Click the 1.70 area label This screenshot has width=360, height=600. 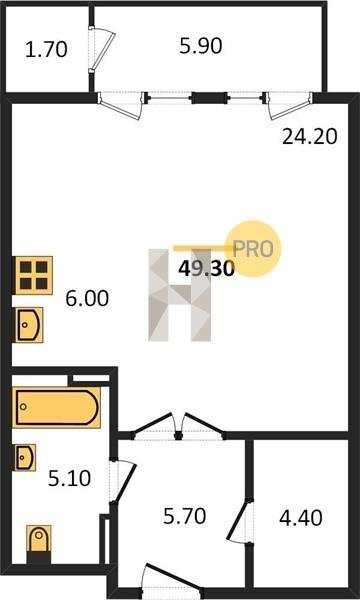click(46, 50)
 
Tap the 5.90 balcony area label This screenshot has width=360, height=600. click(201, 46)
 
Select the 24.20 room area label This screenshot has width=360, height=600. click(310, 137)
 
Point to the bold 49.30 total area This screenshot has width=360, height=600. click(207, 269)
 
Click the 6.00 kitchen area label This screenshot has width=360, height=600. click(87, 299)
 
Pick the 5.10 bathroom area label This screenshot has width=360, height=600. click(69, 478)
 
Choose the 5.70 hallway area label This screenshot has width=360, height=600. click(184, 516)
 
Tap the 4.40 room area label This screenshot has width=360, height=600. click(301, 518)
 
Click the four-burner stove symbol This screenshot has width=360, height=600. click(34, 275)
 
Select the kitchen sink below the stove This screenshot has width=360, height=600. click(29, 325)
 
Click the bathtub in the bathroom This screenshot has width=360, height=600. click(57, 407)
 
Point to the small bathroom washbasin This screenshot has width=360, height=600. click(26, 457)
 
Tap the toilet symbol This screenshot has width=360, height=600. click(39, 539)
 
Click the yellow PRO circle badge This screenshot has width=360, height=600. click(253, 249)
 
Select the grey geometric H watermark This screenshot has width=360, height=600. click(180, 295)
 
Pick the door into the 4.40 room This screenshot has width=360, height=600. click(240, 520)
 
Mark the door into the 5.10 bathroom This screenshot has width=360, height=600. click(122, 482)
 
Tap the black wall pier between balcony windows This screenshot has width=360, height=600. click(209, 98)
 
